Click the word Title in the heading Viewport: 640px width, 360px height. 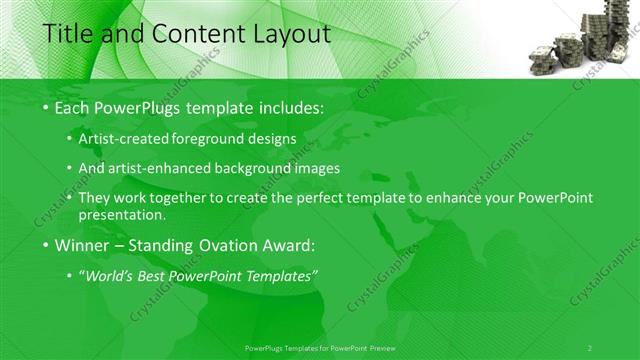(x=68, y=34)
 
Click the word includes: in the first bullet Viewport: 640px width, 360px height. (x=290, y=107)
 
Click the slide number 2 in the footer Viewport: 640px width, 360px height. (x=590, y=347)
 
